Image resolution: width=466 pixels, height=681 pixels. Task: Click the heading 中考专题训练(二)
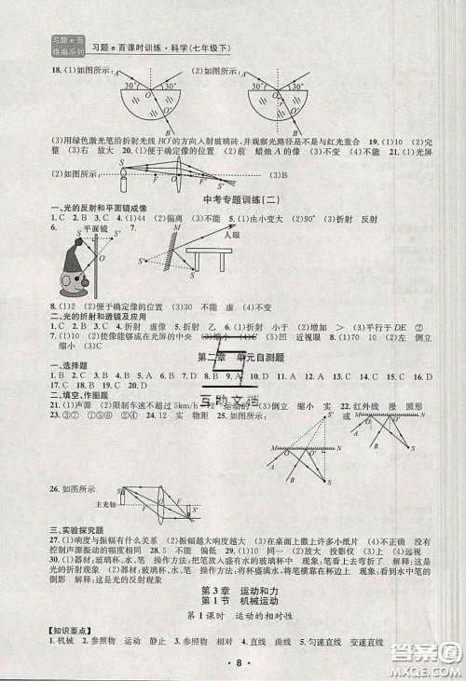click(233, 200)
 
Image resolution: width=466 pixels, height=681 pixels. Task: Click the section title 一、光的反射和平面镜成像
click(82, 210)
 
